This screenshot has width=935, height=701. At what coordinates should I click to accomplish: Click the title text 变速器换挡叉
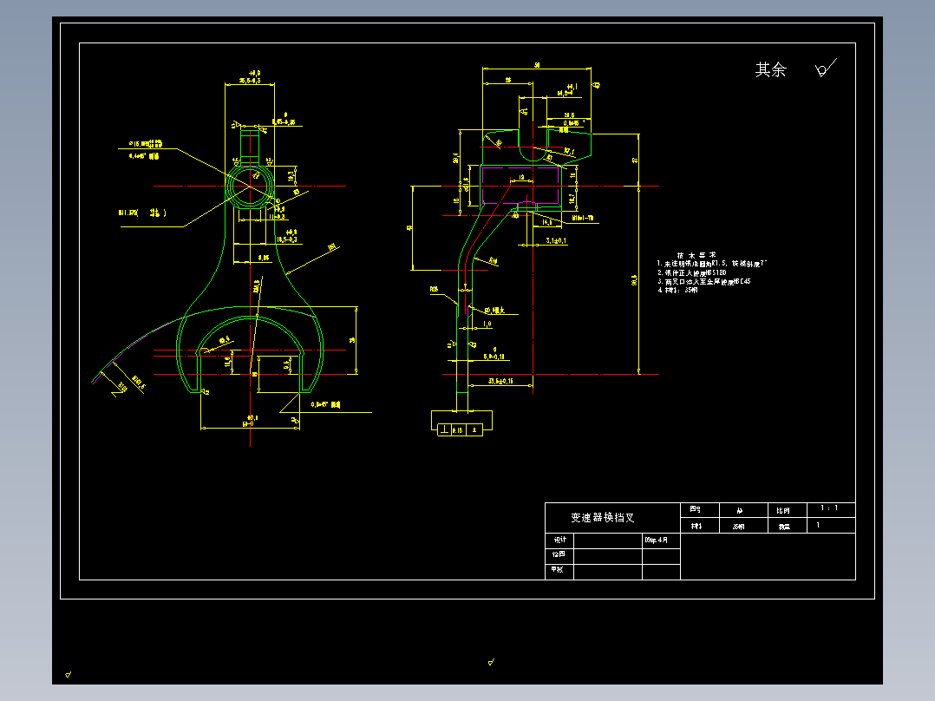[x=602, y=517]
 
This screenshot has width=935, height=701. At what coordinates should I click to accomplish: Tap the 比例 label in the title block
[x=783, y=510]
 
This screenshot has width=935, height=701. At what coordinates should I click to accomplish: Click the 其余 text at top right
[x=770, y=70]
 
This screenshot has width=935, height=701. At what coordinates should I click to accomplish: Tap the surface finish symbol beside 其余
[x=825, y=69]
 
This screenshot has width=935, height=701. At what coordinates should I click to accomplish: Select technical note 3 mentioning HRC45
[x=703, y=282]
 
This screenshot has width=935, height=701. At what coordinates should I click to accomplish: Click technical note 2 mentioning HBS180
[x=703, y=272]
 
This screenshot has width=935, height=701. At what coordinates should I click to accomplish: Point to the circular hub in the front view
[x=250, y=185]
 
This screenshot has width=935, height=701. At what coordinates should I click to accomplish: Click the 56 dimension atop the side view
[x=538, y=65]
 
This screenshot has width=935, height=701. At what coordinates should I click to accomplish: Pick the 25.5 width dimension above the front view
[x=250, y=80]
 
